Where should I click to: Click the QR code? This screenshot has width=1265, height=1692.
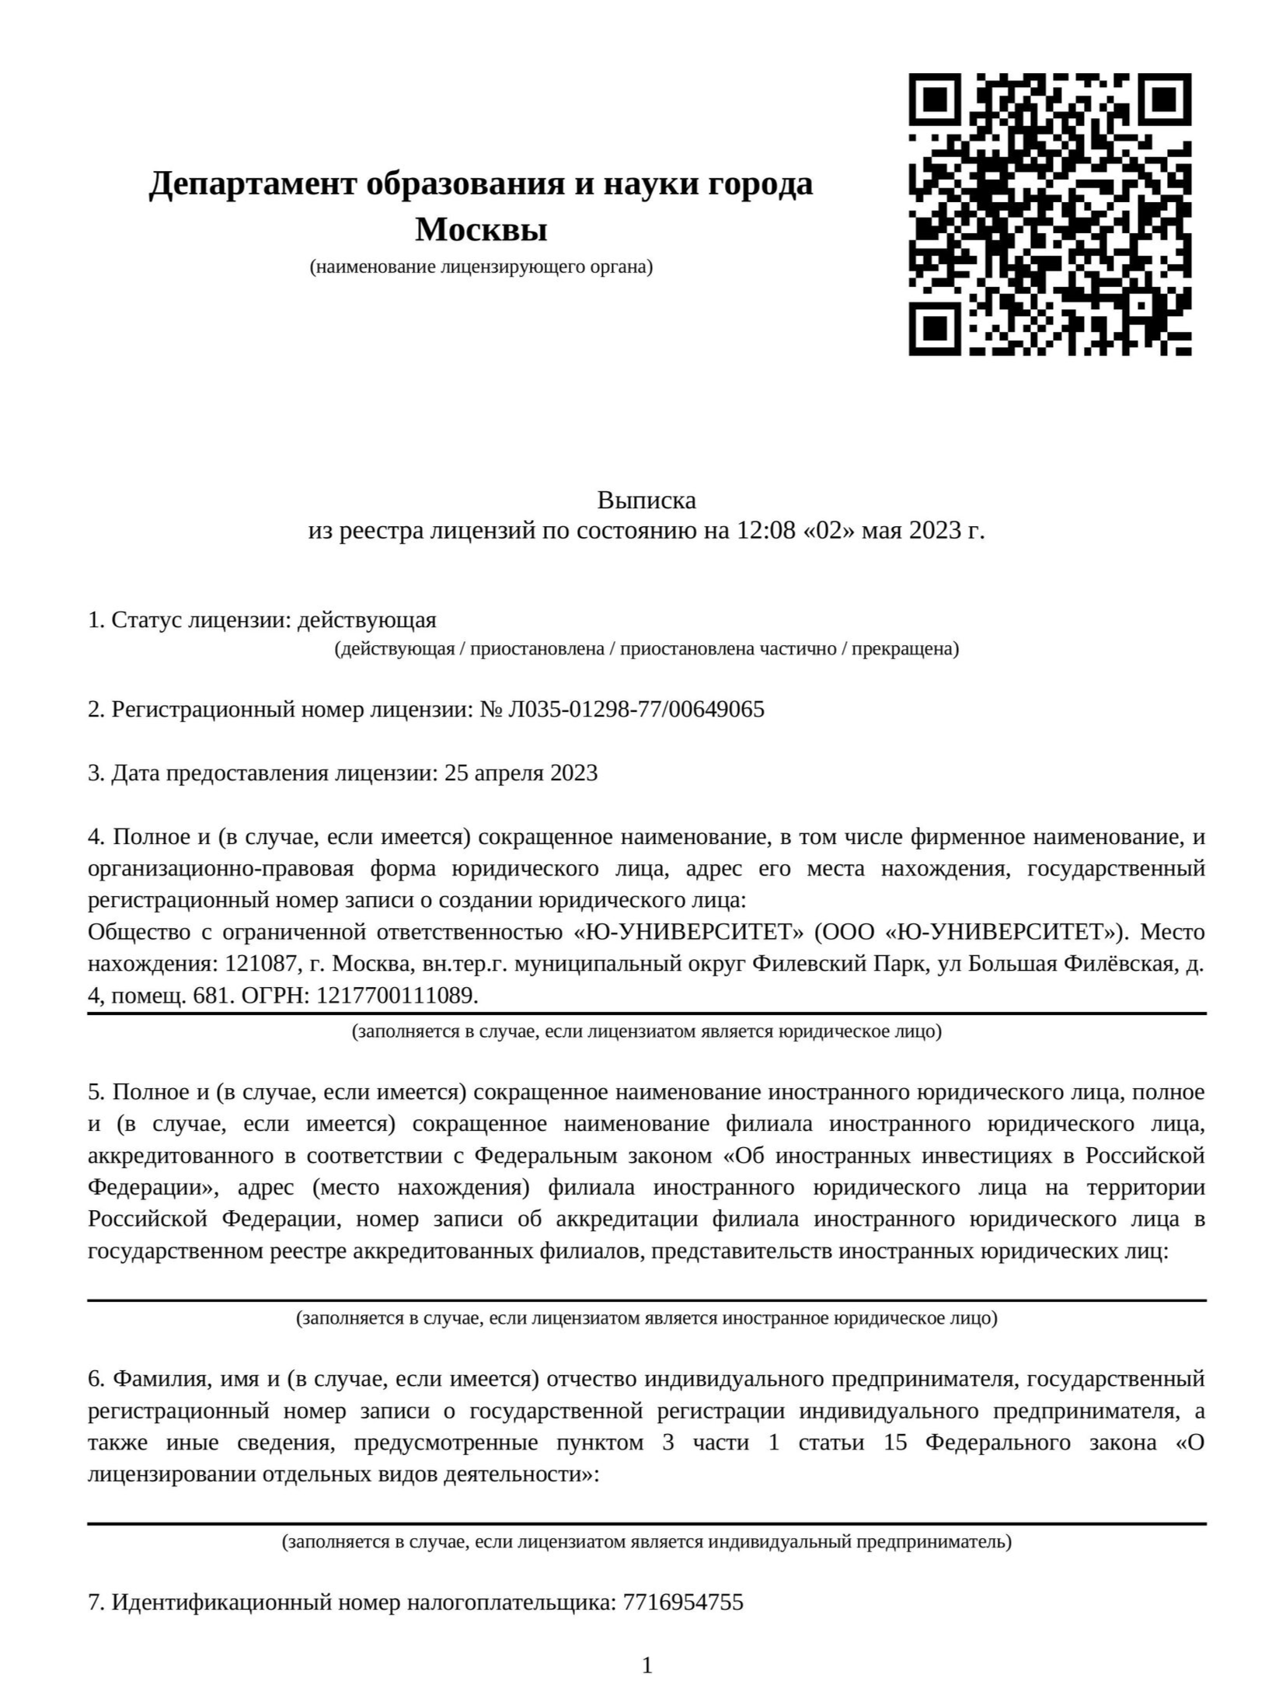(1049, 214)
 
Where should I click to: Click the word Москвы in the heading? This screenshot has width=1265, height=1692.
(481, 230)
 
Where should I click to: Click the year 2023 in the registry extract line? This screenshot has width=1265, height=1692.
(935, 531)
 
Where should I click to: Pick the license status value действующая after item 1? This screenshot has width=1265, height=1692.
(367, 620)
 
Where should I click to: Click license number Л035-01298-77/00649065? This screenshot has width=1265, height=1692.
(636, 710)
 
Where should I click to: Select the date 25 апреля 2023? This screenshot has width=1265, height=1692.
(521, 773)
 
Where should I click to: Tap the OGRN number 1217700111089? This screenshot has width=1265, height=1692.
(396, 996)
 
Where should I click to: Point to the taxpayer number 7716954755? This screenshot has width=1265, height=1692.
(683, 1603)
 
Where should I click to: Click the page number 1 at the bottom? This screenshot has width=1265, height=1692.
(646, 1666)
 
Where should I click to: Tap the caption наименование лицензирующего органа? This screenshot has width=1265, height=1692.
(481, 267)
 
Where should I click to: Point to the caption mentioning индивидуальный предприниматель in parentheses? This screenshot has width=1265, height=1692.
(646, 1542)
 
